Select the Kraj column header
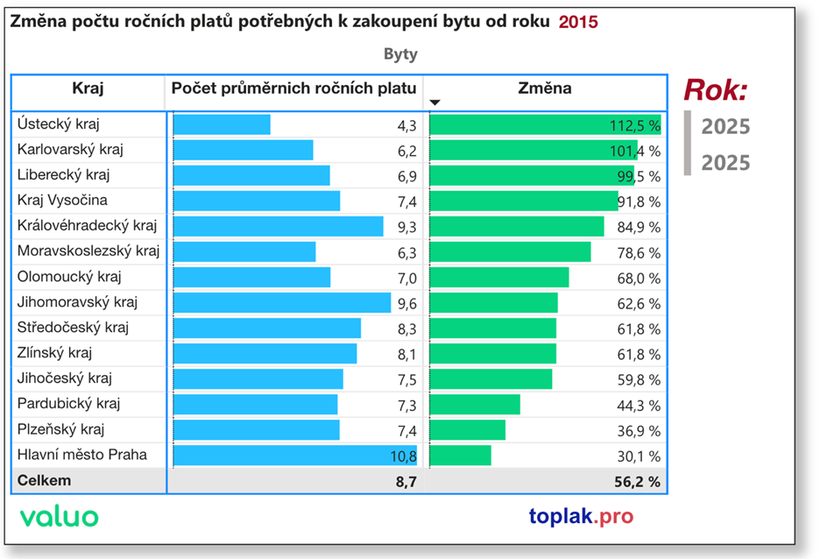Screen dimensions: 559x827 coord(88,88)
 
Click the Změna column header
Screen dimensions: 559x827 coord(544,88)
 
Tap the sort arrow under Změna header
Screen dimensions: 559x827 coord(435,103)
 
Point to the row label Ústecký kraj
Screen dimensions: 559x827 coord(58,124)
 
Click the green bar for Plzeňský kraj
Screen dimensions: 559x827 coord(468,429)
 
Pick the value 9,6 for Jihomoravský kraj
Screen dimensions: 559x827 coord(406,303)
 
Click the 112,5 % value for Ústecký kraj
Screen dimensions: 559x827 coord(635,125)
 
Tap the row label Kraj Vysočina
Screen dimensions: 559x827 coord(62,201)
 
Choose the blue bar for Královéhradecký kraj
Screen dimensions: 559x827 coord(279,226)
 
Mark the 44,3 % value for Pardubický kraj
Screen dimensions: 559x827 coord(640,405)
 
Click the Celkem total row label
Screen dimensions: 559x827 coord(45,481)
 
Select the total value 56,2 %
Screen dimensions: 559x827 coord(640,481)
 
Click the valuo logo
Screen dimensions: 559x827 coord(60,516)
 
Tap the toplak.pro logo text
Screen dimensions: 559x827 coord(581,516)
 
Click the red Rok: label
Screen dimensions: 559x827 coord(716,90)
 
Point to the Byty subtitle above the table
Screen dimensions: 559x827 coord(400,54)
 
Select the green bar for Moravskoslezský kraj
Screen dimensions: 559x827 coord(511,252)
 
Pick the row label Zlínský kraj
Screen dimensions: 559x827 coord(55,353)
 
